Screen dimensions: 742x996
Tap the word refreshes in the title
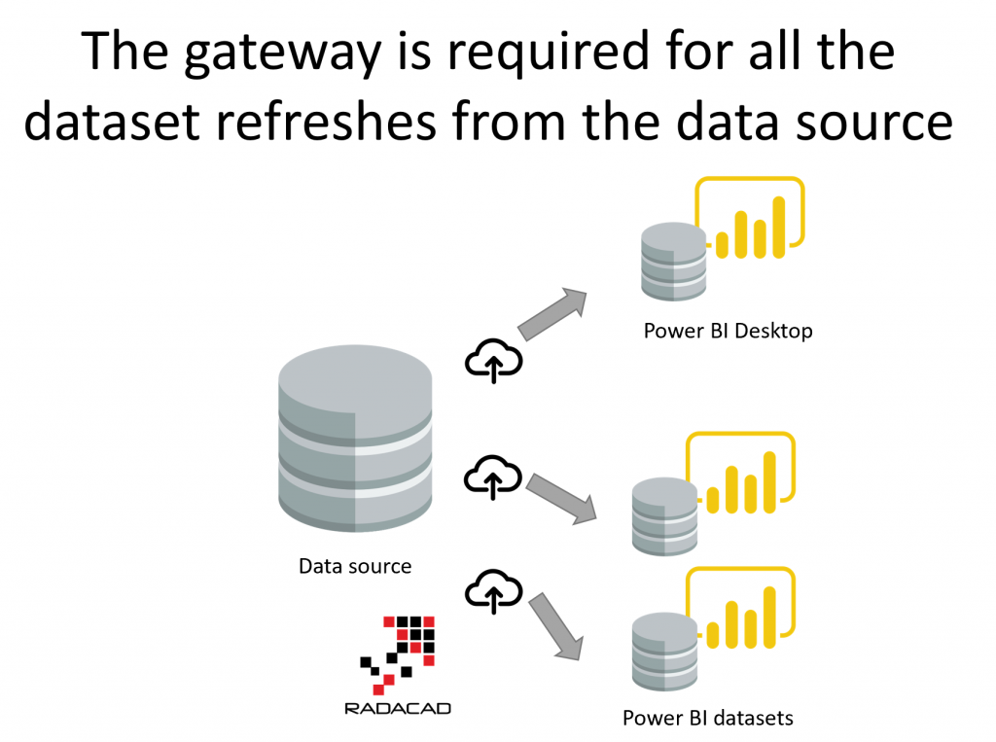click(382, 124)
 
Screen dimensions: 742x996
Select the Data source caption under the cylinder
click(355, 566)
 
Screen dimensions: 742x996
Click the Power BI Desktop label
click(728, 331)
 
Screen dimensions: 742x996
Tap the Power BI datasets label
click(708, 719)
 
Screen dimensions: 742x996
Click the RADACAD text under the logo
click(398, 708)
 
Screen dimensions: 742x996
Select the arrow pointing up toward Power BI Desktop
click(553, 313)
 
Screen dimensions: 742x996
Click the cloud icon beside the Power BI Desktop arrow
click(493, 361)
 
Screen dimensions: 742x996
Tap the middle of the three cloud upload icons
click(493, 477)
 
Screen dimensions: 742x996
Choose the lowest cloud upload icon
click(493, 590)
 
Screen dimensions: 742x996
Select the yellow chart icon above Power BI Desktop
click(749, 222)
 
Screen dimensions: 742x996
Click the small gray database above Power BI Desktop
click(674, 260)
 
